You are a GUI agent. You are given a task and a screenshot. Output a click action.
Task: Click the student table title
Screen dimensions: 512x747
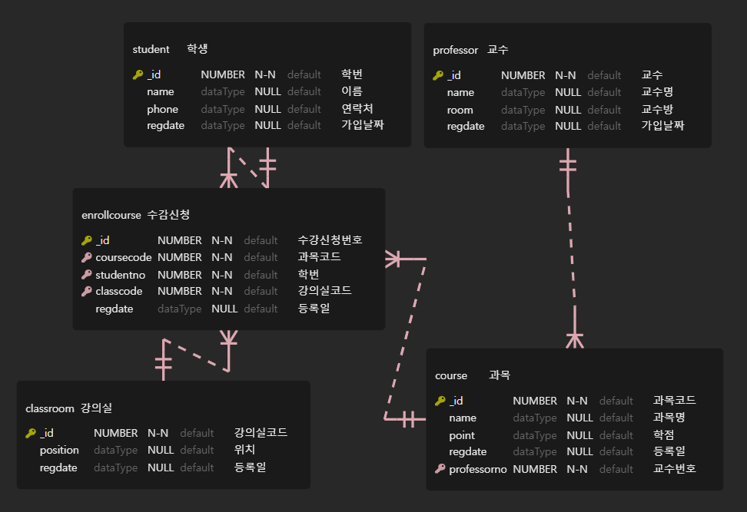click(x=151, y=49)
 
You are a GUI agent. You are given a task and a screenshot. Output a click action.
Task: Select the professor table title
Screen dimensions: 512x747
click(x=455, y=51)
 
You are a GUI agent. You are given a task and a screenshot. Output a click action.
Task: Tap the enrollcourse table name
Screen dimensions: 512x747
click(x=111, y=215)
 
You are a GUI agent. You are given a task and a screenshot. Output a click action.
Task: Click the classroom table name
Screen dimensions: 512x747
click(x=49, y=408)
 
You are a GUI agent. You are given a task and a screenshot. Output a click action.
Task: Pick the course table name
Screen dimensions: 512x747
click(x=451, y=375)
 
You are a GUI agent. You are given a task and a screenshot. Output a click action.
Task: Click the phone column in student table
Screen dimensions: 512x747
click(x=162, y=109)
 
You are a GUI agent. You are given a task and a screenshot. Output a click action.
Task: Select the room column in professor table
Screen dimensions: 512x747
click(x=460, y=110)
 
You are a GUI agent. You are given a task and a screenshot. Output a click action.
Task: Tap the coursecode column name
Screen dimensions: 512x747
click(x=123, y=257)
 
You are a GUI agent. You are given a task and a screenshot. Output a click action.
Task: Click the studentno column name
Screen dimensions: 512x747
click(x=120, y=275)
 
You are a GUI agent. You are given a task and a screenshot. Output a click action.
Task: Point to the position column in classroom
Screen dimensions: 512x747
click(x=59, y=451)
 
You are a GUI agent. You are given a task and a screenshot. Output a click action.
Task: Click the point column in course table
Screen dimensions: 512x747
click(x=462, y=435)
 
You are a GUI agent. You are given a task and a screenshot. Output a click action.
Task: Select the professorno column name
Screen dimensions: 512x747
click(x=477, y=469)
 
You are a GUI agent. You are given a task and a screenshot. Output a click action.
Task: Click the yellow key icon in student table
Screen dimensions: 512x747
click(x=138, y=75)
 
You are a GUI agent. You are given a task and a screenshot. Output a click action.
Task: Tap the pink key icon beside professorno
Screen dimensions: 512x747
click(x=440, y=469)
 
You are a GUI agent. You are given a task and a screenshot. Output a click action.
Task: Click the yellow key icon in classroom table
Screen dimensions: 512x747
click(x=31, y=433)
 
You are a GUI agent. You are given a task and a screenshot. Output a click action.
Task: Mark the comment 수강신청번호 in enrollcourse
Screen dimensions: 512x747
click(x=330, y=239)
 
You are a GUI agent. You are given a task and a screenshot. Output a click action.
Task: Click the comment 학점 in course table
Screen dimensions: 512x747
click(x=664, y=435)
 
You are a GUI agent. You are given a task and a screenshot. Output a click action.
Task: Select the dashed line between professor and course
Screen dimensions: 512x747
click(x=571, y=253)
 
